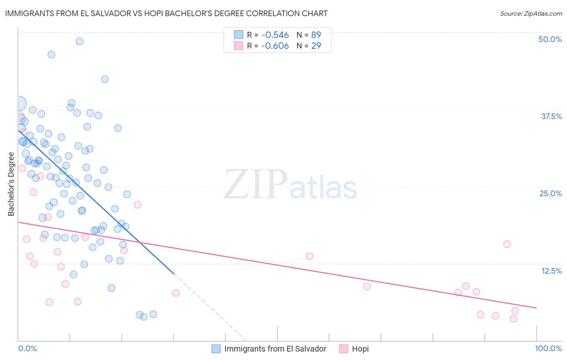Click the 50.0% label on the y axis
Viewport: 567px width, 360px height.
coord(550,39)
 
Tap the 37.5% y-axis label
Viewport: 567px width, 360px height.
coord(551,116)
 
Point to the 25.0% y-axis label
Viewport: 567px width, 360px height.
coord(550,193)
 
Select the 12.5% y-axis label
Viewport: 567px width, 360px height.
coord(551,271)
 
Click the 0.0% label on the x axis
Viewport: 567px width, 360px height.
coord(27,348)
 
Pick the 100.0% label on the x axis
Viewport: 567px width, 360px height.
coord(548,348)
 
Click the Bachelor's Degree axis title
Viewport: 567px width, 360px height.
coord(11,184)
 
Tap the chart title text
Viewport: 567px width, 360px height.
coord(166,13)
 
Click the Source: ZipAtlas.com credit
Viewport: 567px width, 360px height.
coord(531,13)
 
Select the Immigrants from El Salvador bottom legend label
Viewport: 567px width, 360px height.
coord(275,349)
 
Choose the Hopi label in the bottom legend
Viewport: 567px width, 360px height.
coord(360,349)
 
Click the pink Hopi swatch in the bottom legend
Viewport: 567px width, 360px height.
coord(344,349)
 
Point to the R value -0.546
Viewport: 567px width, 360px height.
coord(275,35)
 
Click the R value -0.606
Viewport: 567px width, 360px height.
coord(275,46)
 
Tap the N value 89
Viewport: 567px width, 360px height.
coord(316,35)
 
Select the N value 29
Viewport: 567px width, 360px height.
coord(316,46)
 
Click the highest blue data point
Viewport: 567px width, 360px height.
coord(79,41)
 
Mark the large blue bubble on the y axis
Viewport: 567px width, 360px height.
coord(19,103)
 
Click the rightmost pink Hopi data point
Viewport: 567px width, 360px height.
coord(515,311)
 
